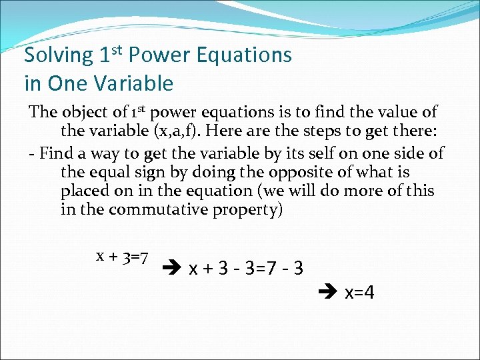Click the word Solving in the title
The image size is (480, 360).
[58, 55]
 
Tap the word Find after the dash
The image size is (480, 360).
[55, 153]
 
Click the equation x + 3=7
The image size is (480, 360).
[122, 256]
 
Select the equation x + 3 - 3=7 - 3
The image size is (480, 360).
[247, 269]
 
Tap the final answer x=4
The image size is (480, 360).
[359, 293]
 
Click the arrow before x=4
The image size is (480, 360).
[331, 293]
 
